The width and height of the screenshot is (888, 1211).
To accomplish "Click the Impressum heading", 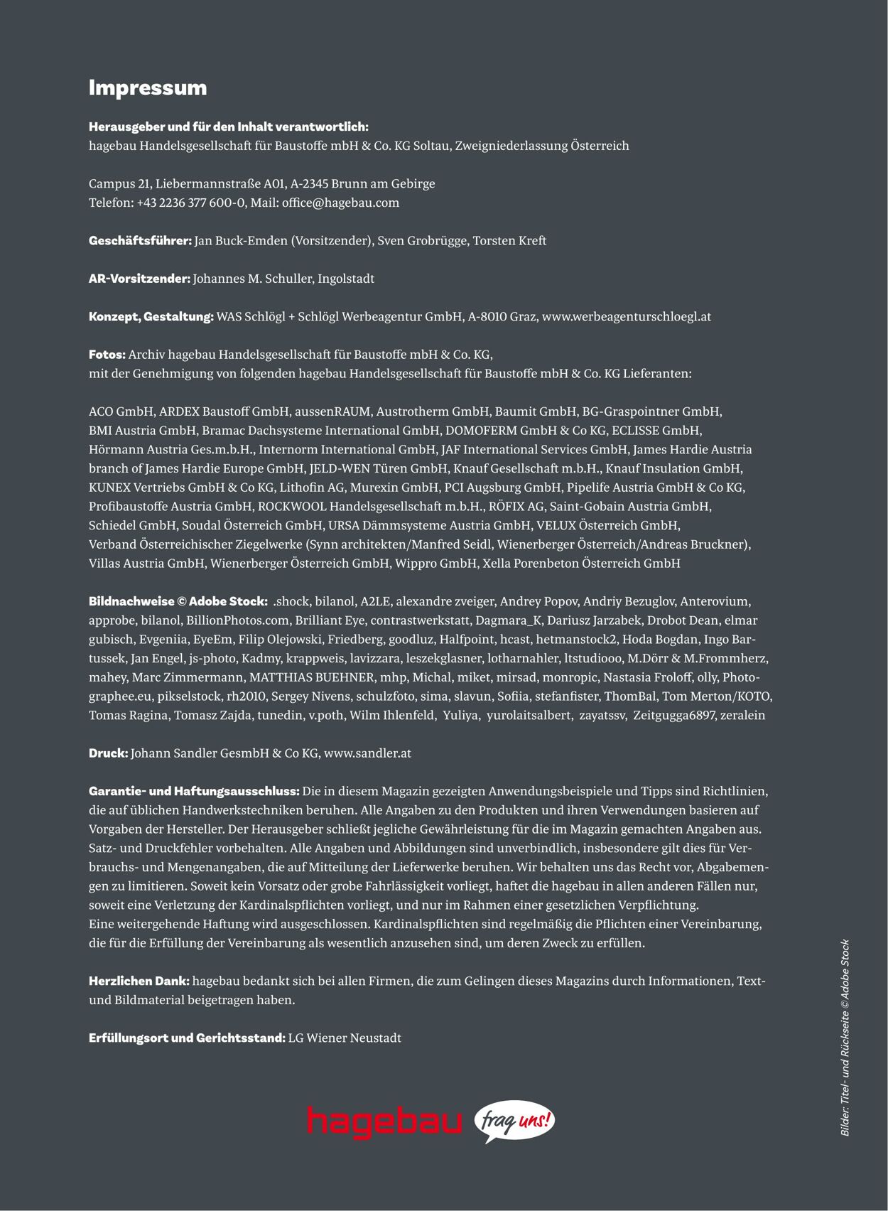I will [148, 88].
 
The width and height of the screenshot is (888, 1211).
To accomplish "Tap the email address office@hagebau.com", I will [340, 203].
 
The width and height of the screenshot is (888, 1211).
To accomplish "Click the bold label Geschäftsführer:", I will [140, 241].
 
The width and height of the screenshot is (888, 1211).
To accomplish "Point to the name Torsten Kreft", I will [509, 241].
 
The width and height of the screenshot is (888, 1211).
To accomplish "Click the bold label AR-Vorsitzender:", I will [139, 279].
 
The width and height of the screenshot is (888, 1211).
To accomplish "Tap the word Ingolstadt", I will [346, 279].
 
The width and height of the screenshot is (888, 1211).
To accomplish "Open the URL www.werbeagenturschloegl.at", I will [626, 317].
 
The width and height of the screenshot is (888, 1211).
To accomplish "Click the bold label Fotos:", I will [107, 355].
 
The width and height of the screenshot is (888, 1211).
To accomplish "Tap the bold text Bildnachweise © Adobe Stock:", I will [178, 601].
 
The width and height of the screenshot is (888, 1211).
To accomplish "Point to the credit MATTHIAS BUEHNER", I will [312, 677].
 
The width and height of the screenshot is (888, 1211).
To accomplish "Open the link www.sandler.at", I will [367, 753].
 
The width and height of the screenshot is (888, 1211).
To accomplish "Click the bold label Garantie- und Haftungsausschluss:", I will [194, 791].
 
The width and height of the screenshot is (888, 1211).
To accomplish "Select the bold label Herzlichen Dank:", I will [139, 981].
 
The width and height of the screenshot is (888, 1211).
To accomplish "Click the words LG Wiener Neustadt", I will [345, 1038].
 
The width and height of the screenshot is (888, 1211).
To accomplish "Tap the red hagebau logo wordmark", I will [384, 1122].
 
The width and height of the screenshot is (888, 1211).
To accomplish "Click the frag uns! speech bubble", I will [514, 1122].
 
